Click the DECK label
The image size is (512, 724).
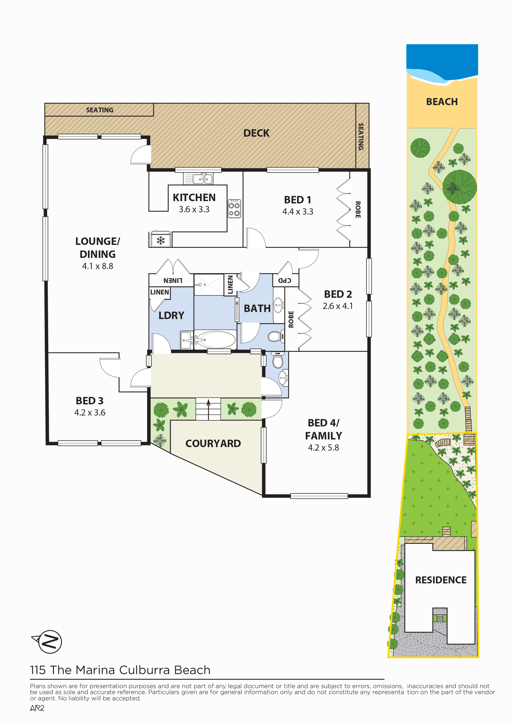pos(256,133)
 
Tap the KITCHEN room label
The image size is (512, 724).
pos(194,197)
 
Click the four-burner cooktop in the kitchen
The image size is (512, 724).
pos(234,208)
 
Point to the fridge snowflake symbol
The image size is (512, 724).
pos(161,241)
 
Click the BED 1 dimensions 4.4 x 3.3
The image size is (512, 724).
pos(298,212)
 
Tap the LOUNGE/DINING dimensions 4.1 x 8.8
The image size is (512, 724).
pos(98,266)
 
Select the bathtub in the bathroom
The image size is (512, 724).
pos(215,340)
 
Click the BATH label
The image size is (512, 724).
pos(257,308)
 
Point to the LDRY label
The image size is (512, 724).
pos(171,315)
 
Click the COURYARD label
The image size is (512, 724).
pos(213,443)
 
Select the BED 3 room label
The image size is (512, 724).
pos(90,401)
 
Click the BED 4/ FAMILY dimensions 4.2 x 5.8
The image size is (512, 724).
pos(323,448)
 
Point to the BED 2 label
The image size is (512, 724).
pos(338,294)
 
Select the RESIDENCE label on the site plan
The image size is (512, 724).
pos(441,580)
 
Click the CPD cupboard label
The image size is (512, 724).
pos(285,280)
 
